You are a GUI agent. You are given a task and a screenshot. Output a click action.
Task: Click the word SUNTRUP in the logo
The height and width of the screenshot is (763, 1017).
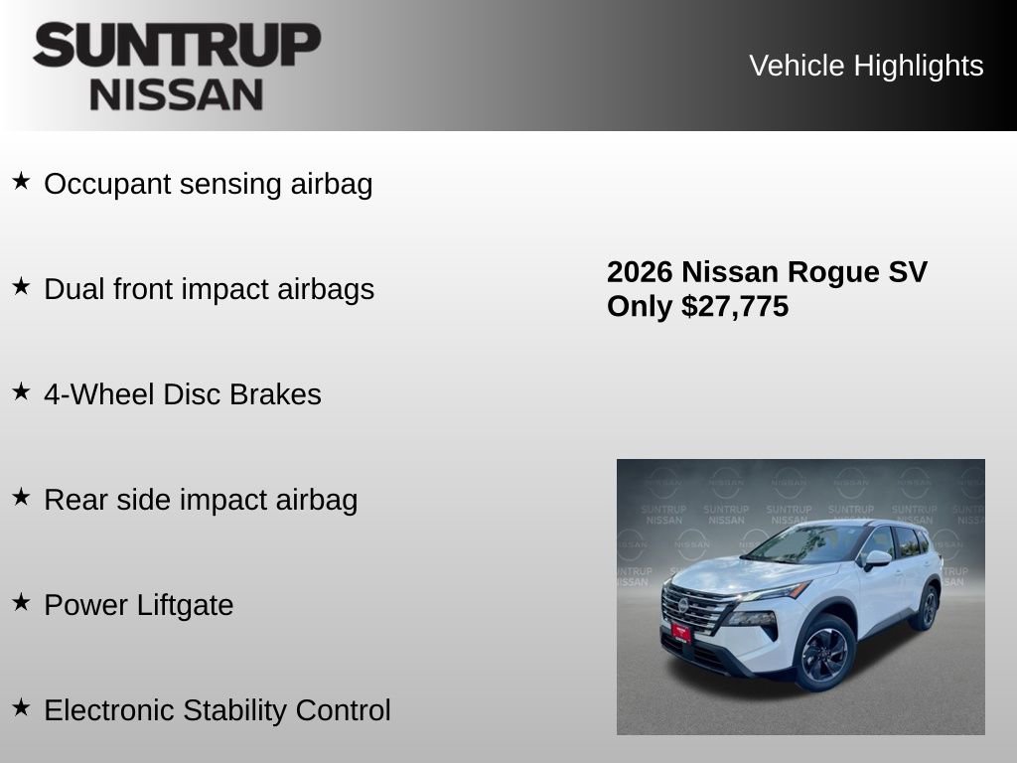coord(177,45)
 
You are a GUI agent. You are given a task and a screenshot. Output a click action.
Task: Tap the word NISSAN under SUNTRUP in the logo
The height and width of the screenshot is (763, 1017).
coord(177,94)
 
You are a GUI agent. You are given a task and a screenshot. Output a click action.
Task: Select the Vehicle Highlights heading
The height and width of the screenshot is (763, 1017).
coord(866,66)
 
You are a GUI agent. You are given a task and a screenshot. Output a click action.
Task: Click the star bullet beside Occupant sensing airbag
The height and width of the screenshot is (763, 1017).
coord(21,182)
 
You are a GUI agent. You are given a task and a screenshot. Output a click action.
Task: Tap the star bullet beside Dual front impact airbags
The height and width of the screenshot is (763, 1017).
coord(21,287)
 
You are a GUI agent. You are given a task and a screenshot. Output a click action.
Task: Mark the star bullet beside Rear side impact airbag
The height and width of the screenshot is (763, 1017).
coord(21,498)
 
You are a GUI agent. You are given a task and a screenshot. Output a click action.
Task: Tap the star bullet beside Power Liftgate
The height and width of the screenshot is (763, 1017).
coord(21,603)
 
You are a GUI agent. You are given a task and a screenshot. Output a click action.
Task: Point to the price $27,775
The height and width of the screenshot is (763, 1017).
coord(735,306)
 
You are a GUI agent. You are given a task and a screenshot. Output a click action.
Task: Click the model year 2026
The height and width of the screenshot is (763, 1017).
coord(640,272)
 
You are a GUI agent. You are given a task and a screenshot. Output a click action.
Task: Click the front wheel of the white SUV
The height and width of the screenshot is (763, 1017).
coord(823,652)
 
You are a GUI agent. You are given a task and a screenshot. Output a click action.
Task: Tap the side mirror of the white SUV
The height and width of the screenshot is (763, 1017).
coord(876,559)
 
